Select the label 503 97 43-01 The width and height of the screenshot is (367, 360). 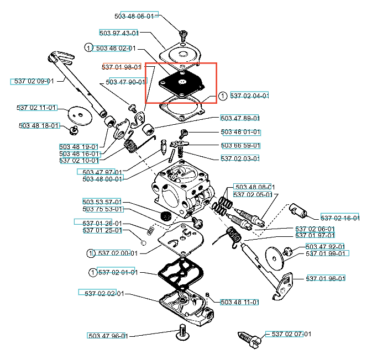119,33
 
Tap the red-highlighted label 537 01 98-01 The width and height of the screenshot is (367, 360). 122,67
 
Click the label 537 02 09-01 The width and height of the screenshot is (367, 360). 33,81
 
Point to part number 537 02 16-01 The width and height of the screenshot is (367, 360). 339,218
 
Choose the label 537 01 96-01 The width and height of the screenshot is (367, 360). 326,278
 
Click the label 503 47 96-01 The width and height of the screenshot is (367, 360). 108,336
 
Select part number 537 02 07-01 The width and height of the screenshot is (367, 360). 288,334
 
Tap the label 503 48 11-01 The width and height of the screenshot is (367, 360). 240,302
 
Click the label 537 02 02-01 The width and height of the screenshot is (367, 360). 101,293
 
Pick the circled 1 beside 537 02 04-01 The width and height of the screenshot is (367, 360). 222,96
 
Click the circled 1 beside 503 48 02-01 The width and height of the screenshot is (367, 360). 88,49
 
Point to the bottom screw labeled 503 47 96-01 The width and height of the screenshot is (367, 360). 182,331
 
